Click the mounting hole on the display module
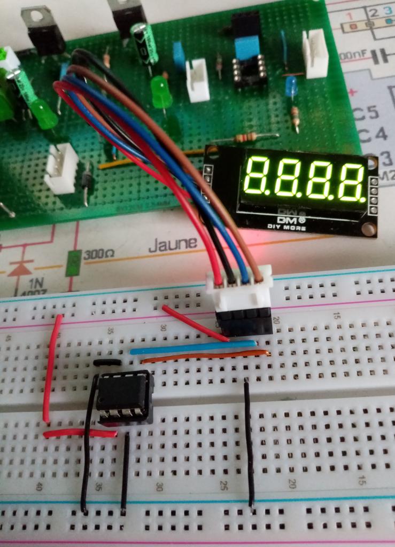point(367,229)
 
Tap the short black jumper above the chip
point(106,363)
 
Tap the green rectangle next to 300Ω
point(74,262)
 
